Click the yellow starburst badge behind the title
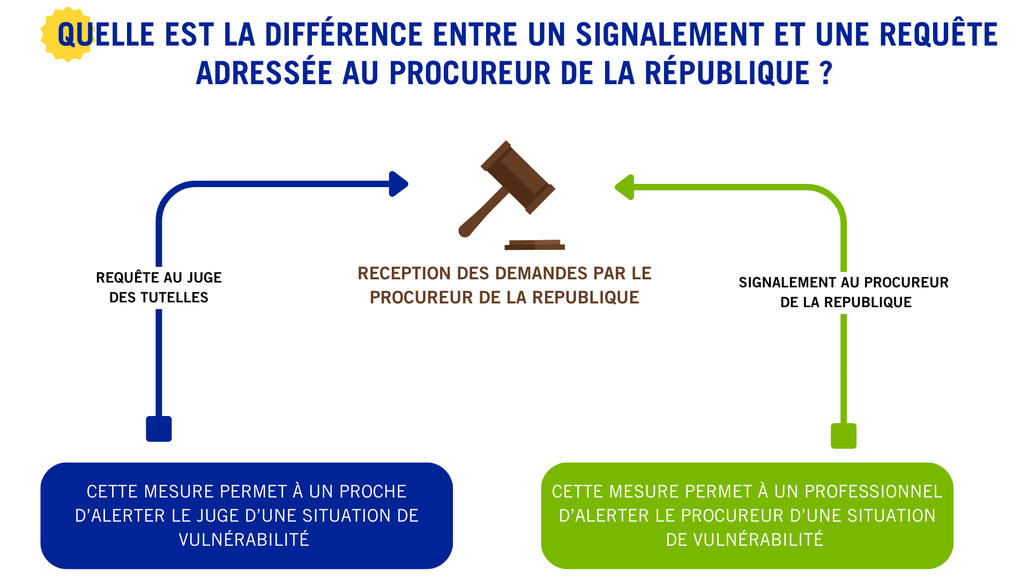click(67, 34)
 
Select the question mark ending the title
click(826, 73)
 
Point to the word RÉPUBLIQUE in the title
click(727, 73)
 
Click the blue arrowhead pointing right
click(398, 184)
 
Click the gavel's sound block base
click(535, 245)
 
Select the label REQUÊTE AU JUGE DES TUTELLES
click(159, 287)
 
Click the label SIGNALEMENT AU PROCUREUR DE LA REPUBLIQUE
click(844, 292)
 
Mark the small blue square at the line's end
click(159, 429)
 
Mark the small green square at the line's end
click(844, 436)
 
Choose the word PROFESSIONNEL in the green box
click(873, 492)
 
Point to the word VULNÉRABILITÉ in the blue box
click(244, 539)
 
